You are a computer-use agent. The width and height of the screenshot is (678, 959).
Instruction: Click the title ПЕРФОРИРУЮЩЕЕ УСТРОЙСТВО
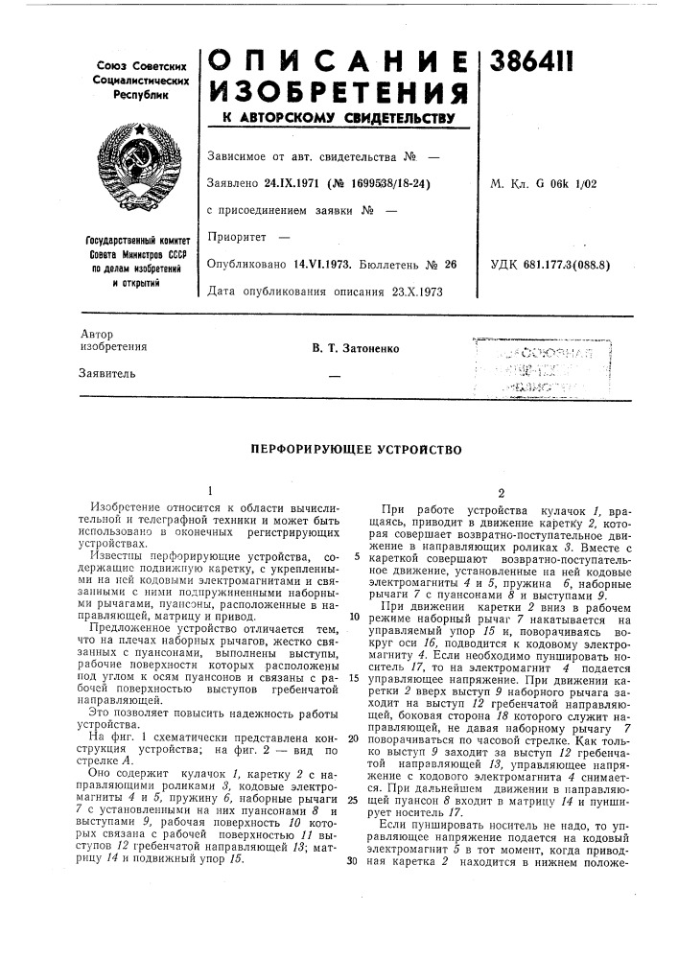coord(339,448)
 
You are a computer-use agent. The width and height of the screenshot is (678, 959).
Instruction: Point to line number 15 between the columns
coord(355,678)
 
